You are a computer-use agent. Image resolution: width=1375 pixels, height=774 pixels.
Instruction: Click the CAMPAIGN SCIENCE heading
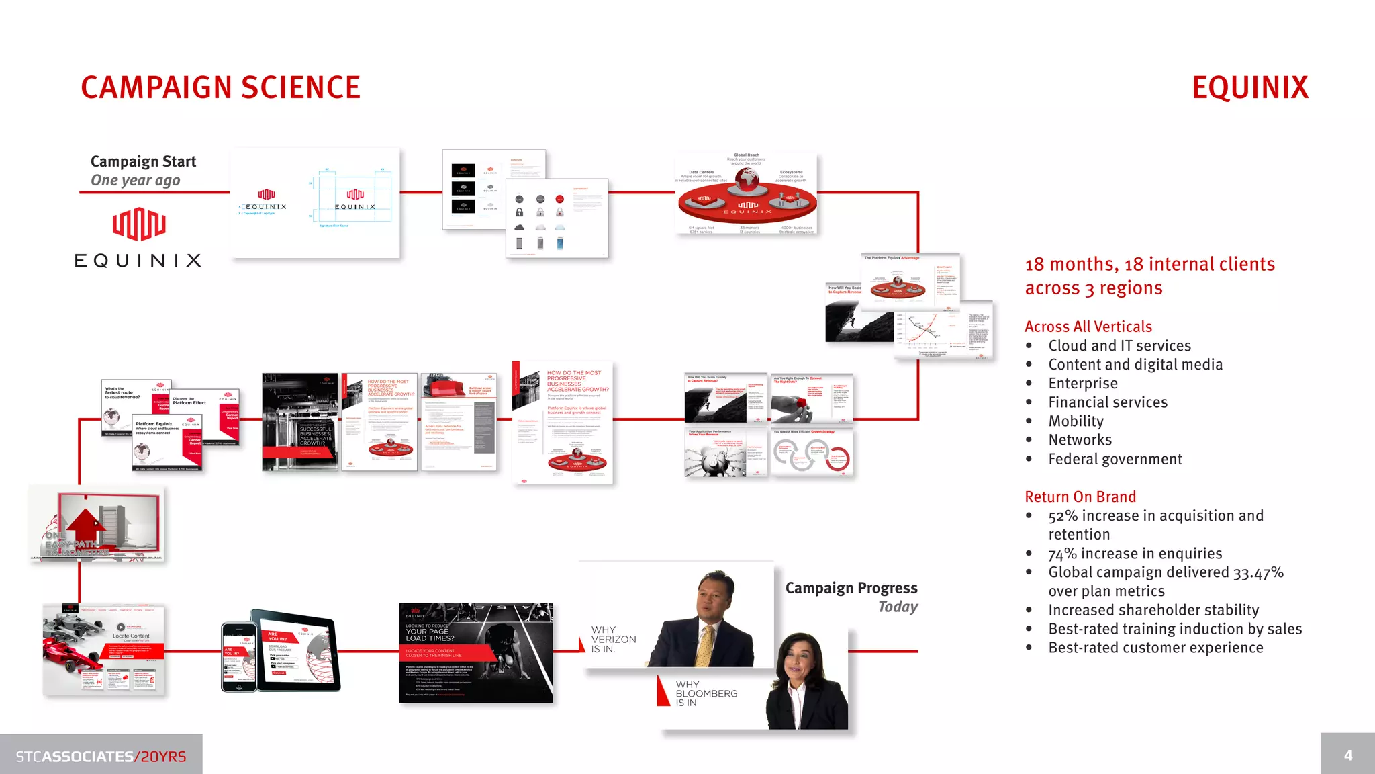pyautogui.click(x=220, y=88)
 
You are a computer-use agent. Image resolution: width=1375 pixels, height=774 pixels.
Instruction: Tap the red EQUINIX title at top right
pyautogui.click(x=1249, y=88)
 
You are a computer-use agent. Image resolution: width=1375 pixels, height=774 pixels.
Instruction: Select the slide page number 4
pyautogui.click(x=1347, y=755)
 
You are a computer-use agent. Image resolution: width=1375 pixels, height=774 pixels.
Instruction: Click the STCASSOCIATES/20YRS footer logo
pyautogui.click(x=101, y=757)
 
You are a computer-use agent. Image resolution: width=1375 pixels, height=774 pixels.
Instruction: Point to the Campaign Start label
pyautogui.click(x=143, y=161)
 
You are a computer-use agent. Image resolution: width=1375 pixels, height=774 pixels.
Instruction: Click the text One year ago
pyautogui.click(x=135, y=181)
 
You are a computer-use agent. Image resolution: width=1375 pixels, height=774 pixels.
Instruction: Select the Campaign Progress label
pyautogui.click(x=851, y=588)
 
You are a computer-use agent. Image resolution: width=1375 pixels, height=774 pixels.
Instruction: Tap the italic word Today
pyautogui.click(x=898, y=607)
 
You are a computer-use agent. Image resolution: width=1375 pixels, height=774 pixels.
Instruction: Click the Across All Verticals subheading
pyautogui.click(x=1088, y=327)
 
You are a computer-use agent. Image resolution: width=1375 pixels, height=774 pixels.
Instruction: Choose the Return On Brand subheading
pyautogui.click(x=1080, y=497)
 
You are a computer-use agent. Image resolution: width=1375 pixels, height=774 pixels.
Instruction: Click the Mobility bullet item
pyautogui.click(x=1076, y=421)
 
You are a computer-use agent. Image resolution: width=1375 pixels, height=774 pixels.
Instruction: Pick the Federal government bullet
pyautogui.click(x=1115, y=459)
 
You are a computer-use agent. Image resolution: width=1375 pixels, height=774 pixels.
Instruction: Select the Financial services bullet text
pyautogui.click(x=1108, y=402)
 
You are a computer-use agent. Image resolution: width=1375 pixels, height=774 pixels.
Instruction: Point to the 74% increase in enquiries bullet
pyautogui.click(x=1135, y=554)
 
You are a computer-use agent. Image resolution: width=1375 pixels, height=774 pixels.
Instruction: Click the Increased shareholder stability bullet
pyautogui.click(x=1153, y=610)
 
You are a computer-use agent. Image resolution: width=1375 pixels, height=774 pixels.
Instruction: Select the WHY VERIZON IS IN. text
pyautogui.click(x=613, y=640)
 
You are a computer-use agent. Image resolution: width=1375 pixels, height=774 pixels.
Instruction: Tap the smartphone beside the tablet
pyautogui.click(x=239, y=657)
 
